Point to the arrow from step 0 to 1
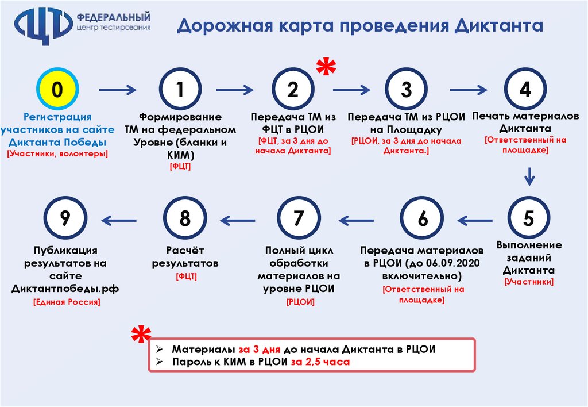(x=118, y=90)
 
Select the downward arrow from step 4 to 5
(x=529, y=176)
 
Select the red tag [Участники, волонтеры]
(x=57, y=153)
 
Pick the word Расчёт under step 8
(x=185, y=251)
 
